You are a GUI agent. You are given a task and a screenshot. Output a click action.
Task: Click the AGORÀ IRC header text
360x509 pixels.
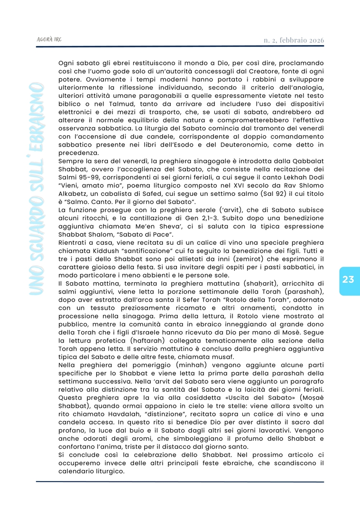pyautogui.click(x=49, y=40)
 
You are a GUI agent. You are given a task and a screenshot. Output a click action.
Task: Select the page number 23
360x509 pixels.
pyautogui.click(x=348, y=280)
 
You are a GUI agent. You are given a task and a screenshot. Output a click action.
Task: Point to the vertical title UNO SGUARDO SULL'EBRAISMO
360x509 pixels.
pyautogui.click(x=37, y=190)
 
